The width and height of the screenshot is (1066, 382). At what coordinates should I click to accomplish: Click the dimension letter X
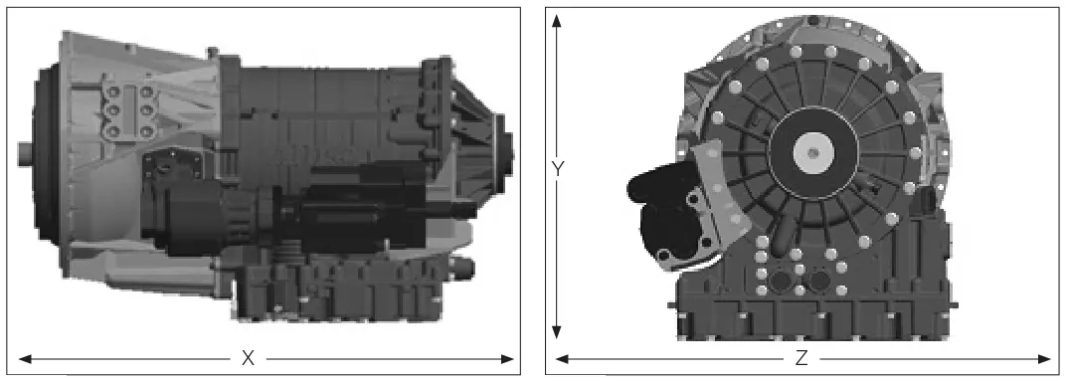tap(249, 358)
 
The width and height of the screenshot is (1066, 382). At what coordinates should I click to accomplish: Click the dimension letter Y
tap(558, 168)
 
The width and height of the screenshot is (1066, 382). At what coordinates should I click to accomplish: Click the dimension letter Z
tap(801, 358)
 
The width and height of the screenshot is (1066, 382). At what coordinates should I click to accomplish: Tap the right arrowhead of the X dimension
tap(507, 359)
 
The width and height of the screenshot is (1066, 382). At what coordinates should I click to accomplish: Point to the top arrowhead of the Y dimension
tap(557, 20)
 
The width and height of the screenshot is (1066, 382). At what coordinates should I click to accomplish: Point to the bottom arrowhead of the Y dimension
tap(557, 331)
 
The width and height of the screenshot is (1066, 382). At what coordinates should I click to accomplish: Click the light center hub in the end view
tap(811, 152)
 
